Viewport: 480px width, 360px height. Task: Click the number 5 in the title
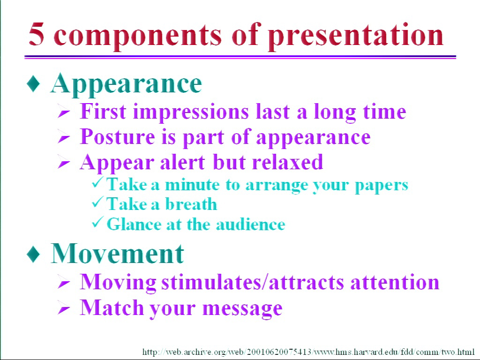click(x=37, y=34)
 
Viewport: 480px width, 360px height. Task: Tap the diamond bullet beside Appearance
click(x=33, y=84)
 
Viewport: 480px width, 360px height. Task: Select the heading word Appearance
click(x=126, y=85)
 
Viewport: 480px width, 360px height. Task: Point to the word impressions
click(x=191, y=112)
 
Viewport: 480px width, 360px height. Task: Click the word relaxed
click(x=287, y=162)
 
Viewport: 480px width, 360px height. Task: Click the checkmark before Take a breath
click(x=97, y=202)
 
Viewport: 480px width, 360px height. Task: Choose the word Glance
click(x=134, y=224)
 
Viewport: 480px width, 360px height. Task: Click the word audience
click(x=250, y=225)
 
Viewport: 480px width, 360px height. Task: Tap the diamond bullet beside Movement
click(x=33, y=254)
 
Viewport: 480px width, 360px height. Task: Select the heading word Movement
click(x=117, y=254)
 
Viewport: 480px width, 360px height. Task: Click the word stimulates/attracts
click(x=253, y=282)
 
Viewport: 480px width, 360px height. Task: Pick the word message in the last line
click(x=242, y=308)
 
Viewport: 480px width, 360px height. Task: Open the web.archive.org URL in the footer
click(x=308, y=352)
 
